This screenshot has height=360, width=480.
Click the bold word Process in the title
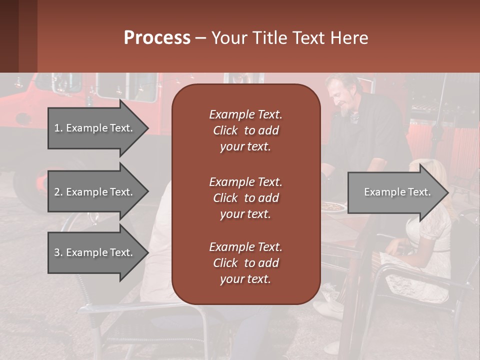(157, 38)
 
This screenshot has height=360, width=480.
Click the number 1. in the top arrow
(58, 128)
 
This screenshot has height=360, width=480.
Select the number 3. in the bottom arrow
(58, 252)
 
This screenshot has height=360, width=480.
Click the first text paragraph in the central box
(245, 130)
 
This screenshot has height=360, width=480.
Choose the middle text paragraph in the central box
(245, 197)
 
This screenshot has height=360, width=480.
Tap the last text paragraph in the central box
(245, 263)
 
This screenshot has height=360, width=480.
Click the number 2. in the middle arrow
(58, 192)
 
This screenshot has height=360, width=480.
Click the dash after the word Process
(200, 38)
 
